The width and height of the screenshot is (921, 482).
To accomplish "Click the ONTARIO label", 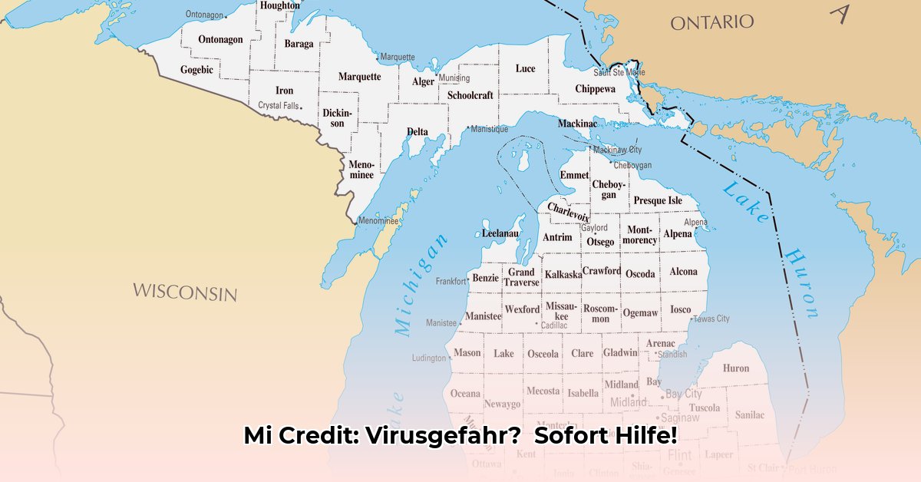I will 711,22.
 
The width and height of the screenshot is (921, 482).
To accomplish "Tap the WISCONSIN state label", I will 184,292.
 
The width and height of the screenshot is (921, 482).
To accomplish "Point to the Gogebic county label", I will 196,70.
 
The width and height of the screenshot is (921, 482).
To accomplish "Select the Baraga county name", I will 299,44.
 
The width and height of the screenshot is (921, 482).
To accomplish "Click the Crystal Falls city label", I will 278,105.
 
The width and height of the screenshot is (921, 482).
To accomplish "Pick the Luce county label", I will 525,68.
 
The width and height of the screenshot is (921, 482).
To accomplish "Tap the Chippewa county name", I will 595,89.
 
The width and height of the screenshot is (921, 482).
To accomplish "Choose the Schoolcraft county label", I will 470,95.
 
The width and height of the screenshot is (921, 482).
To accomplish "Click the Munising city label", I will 454,78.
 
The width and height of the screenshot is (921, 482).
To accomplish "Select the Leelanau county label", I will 500,233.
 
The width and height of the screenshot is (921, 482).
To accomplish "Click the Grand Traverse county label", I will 521,277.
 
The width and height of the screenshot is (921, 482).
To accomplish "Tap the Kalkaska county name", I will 563,274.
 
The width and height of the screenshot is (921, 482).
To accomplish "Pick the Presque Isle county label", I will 657,200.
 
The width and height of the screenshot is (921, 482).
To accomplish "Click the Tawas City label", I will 711,319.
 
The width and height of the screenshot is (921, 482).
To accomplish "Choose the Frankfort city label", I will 451,282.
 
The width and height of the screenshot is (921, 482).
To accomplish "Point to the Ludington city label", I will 429,358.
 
